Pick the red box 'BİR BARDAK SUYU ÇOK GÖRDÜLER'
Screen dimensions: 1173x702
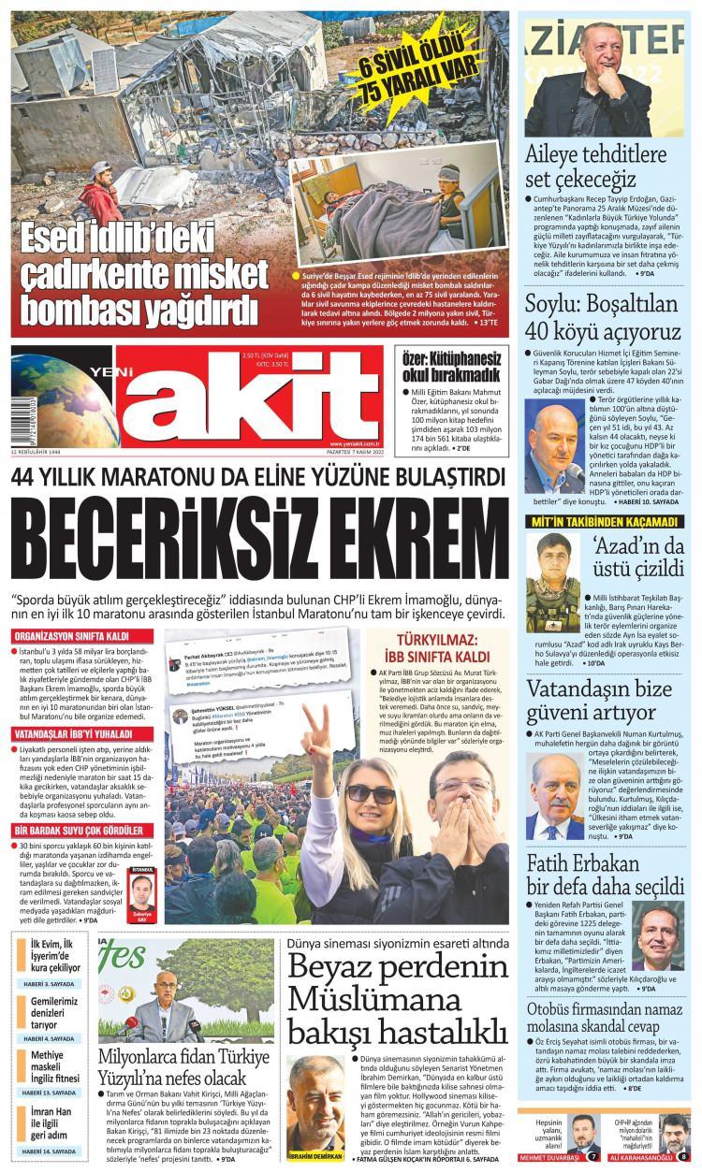point(78,831)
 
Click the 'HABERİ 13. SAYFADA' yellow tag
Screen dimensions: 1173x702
point(49,1093)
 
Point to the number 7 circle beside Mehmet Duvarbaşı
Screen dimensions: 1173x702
point(592,1156)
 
